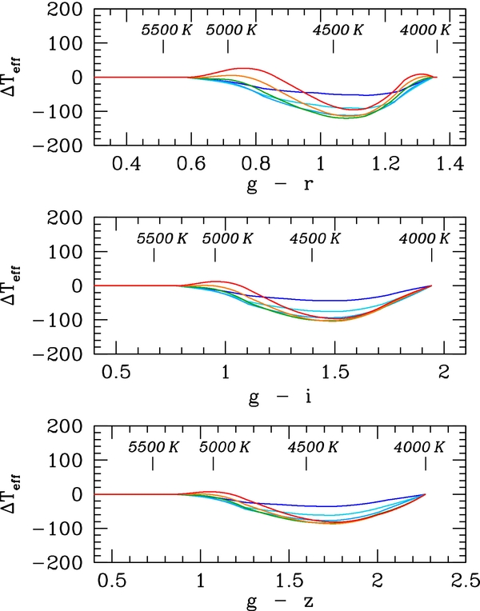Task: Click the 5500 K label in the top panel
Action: [x=165, y=30]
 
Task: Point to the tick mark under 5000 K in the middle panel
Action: [x=215, y=255]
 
